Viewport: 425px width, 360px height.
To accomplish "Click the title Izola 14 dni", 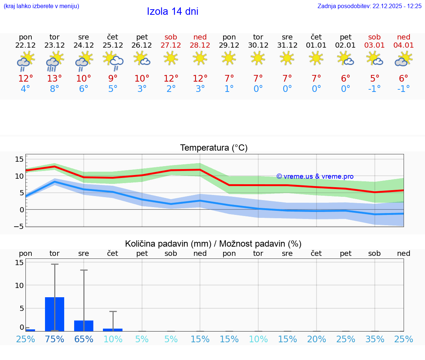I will click(x=173, y=11).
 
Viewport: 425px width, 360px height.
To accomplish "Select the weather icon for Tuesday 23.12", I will click(x=55, y=61).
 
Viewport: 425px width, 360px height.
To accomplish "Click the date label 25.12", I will click(x=113, y=45).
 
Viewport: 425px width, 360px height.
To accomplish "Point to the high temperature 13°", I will click(x=55, y=79).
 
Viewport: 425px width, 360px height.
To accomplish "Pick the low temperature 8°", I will click(x=55, y=89).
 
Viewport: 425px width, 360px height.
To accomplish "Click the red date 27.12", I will click(x=171, y=45).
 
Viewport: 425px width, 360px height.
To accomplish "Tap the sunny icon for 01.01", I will click(x=316, y=58).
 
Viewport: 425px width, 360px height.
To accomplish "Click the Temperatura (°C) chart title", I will click(x=214, y=148).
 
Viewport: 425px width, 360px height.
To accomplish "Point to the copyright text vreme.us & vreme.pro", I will click(x=315, y=176).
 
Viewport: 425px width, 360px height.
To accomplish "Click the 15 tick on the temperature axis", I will click(x=19, y=159).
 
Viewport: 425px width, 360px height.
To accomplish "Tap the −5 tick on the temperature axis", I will click(x=18, y=226).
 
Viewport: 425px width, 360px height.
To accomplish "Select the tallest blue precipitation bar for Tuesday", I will click(x=55, y=314).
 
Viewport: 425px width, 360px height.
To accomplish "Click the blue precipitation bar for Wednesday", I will click(x=84, y=326).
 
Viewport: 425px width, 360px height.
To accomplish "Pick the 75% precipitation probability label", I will click(x=55, y=339).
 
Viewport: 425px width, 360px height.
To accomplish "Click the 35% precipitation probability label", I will click(x=375, y=339).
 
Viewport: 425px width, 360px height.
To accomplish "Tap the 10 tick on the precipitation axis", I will click(x=19, y=285).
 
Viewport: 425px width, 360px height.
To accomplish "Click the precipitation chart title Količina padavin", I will click(x=213, y=244).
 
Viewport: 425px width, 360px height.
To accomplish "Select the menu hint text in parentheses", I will click(x=41, y=6).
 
